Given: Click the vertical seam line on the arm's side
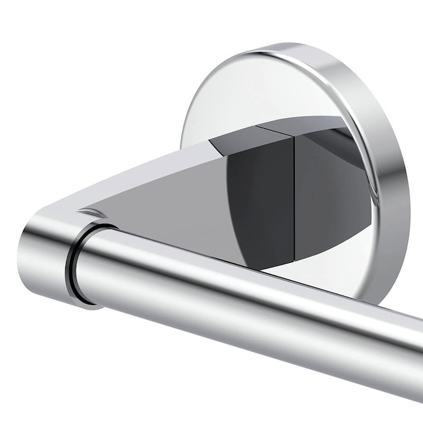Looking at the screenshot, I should [x=294, y=192].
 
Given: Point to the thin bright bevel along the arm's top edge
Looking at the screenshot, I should [x=160, y=157].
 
